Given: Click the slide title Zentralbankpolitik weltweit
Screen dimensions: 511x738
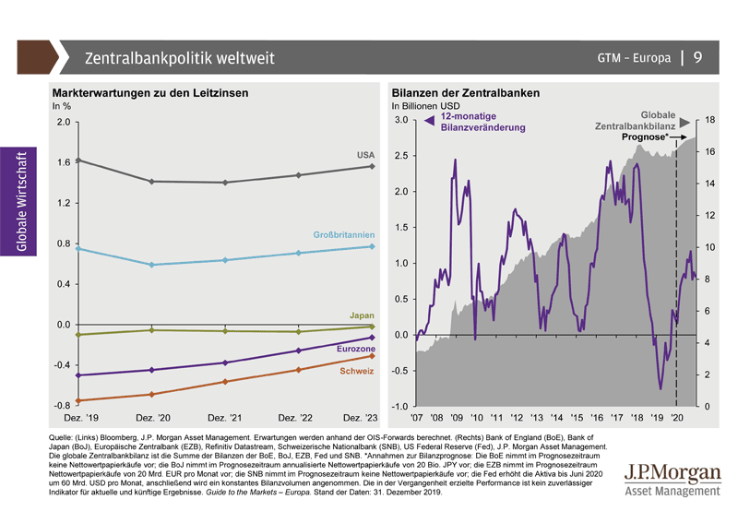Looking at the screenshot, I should (x=179, y=59).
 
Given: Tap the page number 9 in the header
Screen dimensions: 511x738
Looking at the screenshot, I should (x=697, y=58).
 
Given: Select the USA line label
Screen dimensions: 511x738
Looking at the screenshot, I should (x=364, y=153).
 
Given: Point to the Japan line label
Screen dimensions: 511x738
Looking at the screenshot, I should (x=362, y=315).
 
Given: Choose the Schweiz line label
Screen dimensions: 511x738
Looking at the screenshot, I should (x=357, y=371).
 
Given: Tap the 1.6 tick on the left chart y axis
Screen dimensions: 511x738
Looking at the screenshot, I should (x=62, y=162).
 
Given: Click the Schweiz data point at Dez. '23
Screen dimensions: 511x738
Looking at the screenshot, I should (x=372, y=355).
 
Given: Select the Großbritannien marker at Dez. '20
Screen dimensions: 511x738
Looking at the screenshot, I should (x=151, y=265).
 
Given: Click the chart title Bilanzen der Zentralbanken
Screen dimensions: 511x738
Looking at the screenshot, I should (x=465, y=94).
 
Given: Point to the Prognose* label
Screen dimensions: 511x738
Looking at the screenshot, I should (x=646, y=137).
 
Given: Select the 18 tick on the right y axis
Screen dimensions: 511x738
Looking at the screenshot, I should (x=712, y=120).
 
